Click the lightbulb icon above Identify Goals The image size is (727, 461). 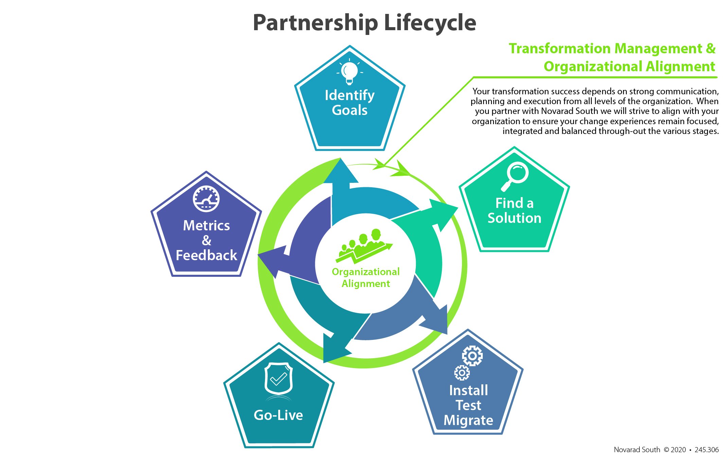pos(350,72)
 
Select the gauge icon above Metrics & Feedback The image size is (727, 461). pos(206,199)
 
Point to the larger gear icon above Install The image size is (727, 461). pos(472,356)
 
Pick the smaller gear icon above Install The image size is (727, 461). pos(462,373)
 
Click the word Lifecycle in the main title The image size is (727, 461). pos(430,23)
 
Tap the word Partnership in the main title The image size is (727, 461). pos(315,23)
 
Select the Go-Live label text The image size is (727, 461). pos(278,415)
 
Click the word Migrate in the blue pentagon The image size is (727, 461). pos(468,420)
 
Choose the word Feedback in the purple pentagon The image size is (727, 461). pos(206,255)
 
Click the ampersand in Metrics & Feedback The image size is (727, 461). pos(206,241)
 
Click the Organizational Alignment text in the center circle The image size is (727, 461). pos(366,277)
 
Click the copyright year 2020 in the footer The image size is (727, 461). pos(678,450)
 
